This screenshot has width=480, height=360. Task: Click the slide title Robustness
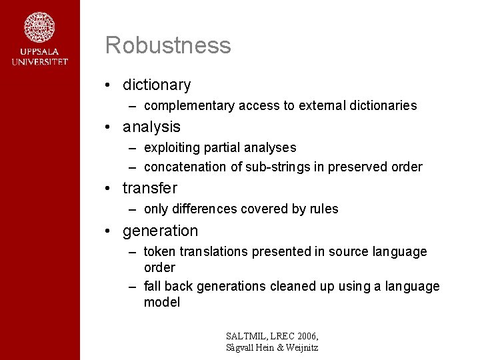168,45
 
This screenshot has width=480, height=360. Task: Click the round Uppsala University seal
39,28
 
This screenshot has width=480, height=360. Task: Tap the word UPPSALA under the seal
39,52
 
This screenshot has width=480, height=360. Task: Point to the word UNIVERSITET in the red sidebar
39,62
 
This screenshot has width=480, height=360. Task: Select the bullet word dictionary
157,85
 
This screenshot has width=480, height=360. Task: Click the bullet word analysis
151,127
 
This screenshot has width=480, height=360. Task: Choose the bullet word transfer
150,188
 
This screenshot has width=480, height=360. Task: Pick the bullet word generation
160,231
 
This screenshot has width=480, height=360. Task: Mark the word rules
324,209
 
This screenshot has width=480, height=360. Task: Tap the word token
158,252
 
